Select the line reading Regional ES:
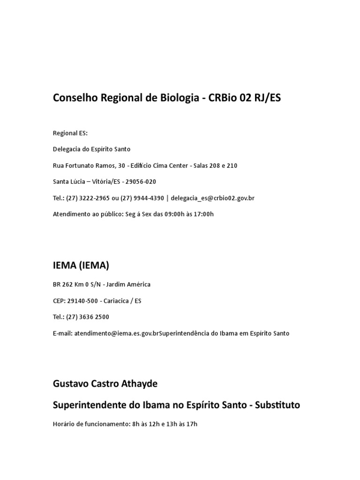pos(70,133)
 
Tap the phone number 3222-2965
pos(96,198)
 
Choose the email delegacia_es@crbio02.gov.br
pos(212,198)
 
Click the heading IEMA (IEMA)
pos(81,265)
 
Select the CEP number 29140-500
pos(83,301)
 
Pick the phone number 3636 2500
pos(94,317)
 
